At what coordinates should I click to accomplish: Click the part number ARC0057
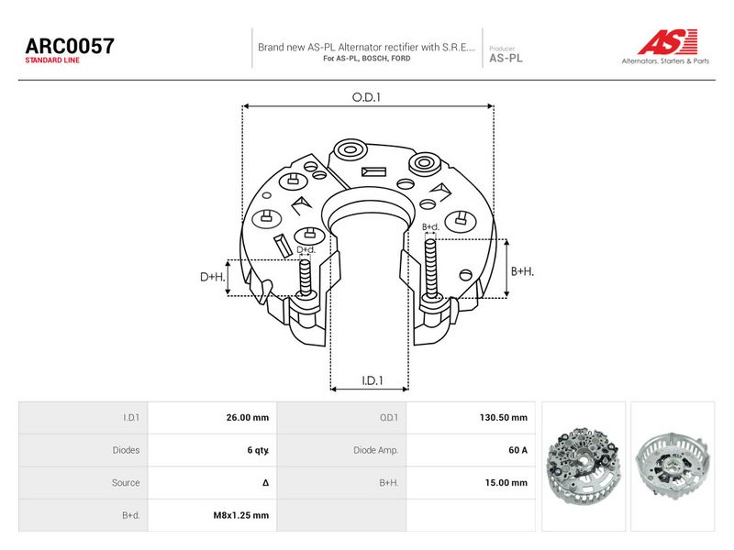point(70,46)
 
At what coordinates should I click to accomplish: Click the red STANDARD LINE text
point(52,60)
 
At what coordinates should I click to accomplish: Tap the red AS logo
point(668,41)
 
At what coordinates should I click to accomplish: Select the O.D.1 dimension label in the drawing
point(366,97)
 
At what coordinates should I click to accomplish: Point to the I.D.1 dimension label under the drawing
point(373,380)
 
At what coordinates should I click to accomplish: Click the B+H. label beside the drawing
point(522,271)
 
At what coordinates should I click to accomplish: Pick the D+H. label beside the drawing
point(213,277)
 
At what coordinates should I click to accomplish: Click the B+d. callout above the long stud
point(430,227)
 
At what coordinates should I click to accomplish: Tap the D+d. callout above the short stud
point(306,249)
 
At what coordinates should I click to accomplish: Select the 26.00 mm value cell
point(248,418)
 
